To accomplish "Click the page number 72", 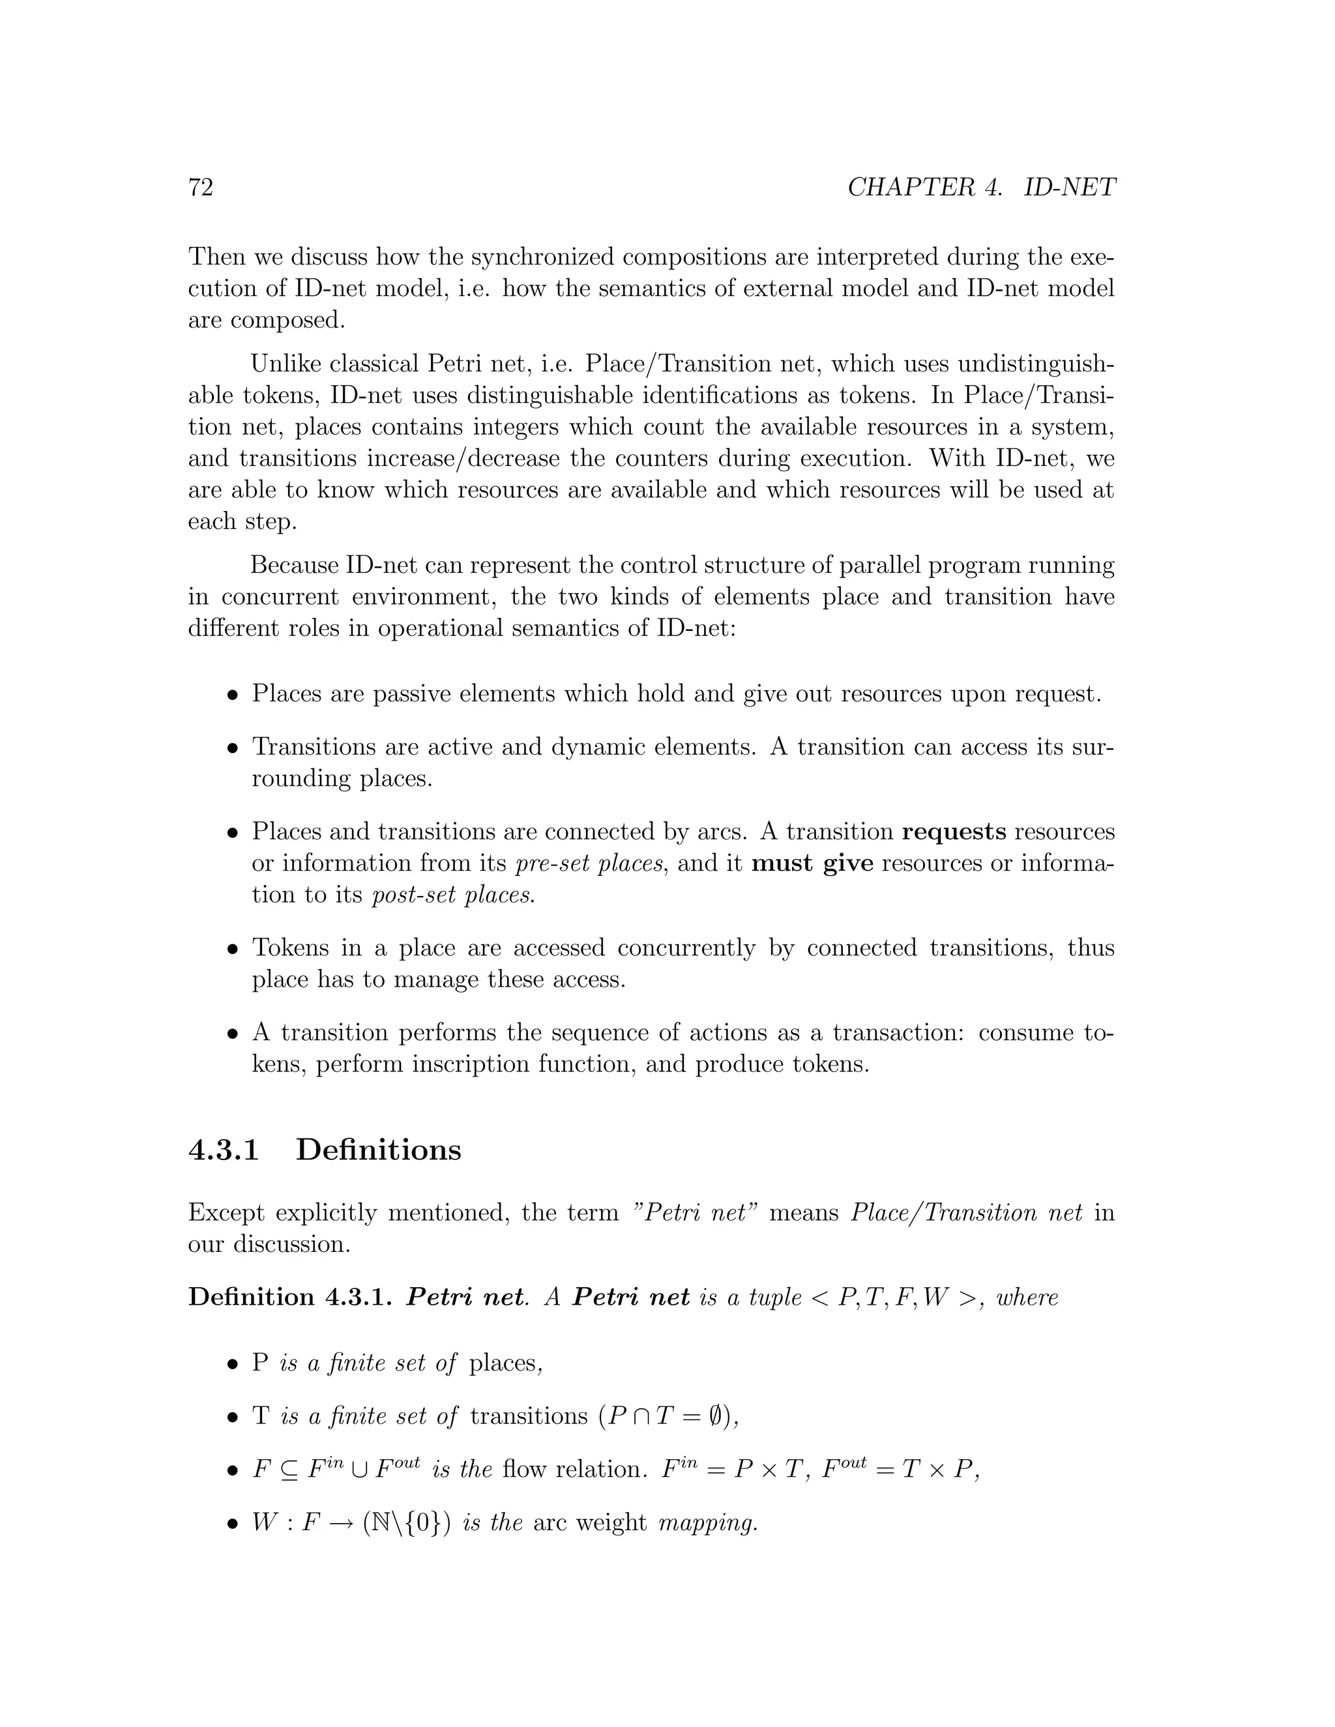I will tap(201, 188).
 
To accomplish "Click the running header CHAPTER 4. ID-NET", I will tap(980, 188).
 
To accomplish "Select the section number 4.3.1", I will tap(224, 1150).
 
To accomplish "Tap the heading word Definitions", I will tap(378, 1150).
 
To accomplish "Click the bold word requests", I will tap(954, 832).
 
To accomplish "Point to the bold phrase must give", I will tap(812, 864).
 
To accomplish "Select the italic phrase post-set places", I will tap(453, 896).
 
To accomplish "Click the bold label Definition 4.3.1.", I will tap(290, 1298).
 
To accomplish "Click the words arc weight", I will tap(589, 1523).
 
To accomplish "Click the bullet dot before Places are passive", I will tap(233, 696).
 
